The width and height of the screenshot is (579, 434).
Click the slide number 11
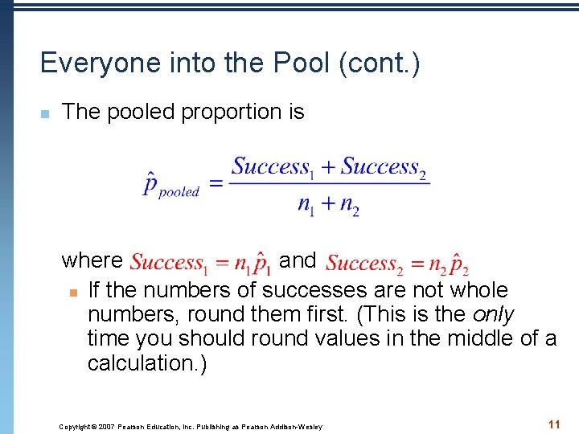click(x=552, y=424)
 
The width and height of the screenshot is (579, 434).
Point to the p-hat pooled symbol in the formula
click(x=170, y=186)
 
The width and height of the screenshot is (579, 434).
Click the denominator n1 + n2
click(x=328, y=204)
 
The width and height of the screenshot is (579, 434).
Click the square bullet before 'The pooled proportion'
click(x=45, y=113)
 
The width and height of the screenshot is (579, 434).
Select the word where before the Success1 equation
click(x=92, y=260)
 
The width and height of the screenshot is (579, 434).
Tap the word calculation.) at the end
click(x=147, y=363)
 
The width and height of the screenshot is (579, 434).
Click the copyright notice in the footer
click(x=191, y=426)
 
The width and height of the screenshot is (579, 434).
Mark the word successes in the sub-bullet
click(x=310, y=290)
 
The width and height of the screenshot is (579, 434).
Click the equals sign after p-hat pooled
click(x=216, y=184)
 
